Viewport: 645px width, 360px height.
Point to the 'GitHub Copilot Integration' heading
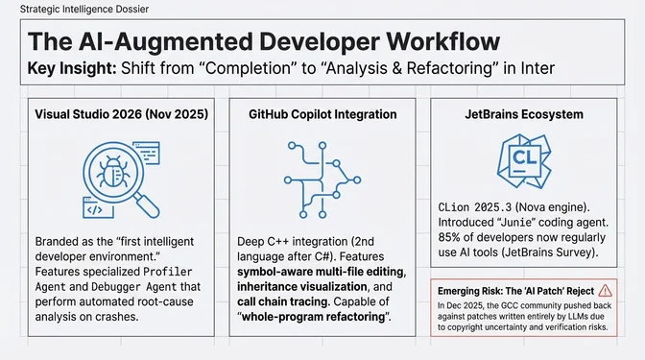click(x=322, y=114)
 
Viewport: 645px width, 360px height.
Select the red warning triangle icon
click(x=605, y=289)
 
